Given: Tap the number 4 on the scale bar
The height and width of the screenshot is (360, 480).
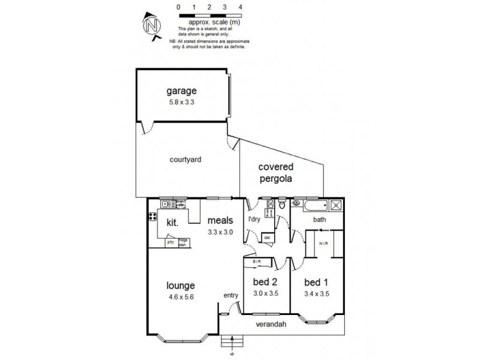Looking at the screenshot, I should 241,6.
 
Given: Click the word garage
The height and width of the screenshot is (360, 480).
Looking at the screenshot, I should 181,91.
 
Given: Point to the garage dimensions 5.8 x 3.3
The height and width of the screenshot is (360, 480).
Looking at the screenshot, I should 181,102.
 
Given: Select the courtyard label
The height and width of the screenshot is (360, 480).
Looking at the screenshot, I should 185,160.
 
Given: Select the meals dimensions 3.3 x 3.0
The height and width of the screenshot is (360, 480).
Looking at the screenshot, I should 220,232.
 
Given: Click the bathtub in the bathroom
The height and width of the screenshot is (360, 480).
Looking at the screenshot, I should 309,206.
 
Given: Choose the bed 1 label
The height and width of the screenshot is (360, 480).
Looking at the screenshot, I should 316,283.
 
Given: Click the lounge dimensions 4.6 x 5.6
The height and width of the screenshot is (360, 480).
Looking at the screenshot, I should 181,296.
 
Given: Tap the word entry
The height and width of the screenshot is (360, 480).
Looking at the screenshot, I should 230,295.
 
